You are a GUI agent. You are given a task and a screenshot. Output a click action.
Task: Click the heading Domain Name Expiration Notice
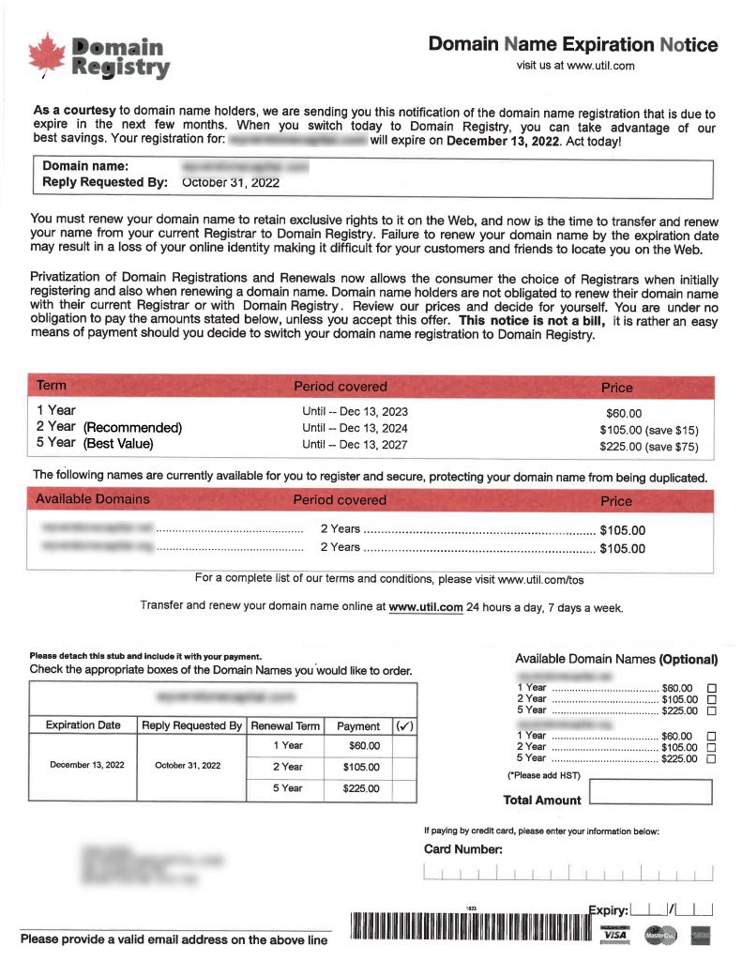[x=573, y=44]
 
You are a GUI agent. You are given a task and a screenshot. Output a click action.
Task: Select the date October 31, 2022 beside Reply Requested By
[x=231, y=183]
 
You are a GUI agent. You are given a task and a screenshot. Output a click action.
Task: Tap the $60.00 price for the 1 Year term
[x=624, y=413]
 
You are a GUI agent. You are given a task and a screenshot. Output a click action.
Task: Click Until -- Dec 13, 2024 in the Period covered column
[x=355, y=428]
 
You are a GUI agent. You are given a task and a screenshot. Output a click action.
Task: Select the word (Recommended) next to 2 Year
[x=132, y=428]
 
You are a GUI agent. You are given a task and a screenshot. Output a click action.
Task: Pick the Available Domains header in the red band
[x=92, y=499]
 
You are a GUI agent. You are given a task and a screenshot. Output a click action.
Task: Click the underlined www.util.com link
[x=425, y=606]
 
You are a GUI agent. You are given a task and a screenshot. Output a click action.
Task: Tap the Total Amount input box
[x=650, y=792]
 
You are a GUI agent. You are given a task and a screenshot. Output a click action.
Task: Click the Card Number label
[x=463, y=849]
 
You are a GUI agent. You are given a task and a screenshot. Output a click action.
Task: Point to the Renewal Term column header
[x=285, y=725]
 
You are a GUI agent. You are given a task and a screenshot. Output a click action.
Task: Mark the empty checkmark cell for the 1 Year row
[x=404, y=745]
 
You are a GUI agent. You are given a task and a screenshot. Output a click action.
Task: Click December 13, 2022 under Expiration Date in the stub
[x=85, y=765]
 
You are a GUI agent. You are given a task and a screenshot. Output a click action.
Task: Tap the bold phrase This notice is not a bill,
[x=532, y=321]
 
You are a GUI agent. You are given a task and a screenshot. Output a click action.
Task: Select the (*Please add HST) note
[x=544, y=775]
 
